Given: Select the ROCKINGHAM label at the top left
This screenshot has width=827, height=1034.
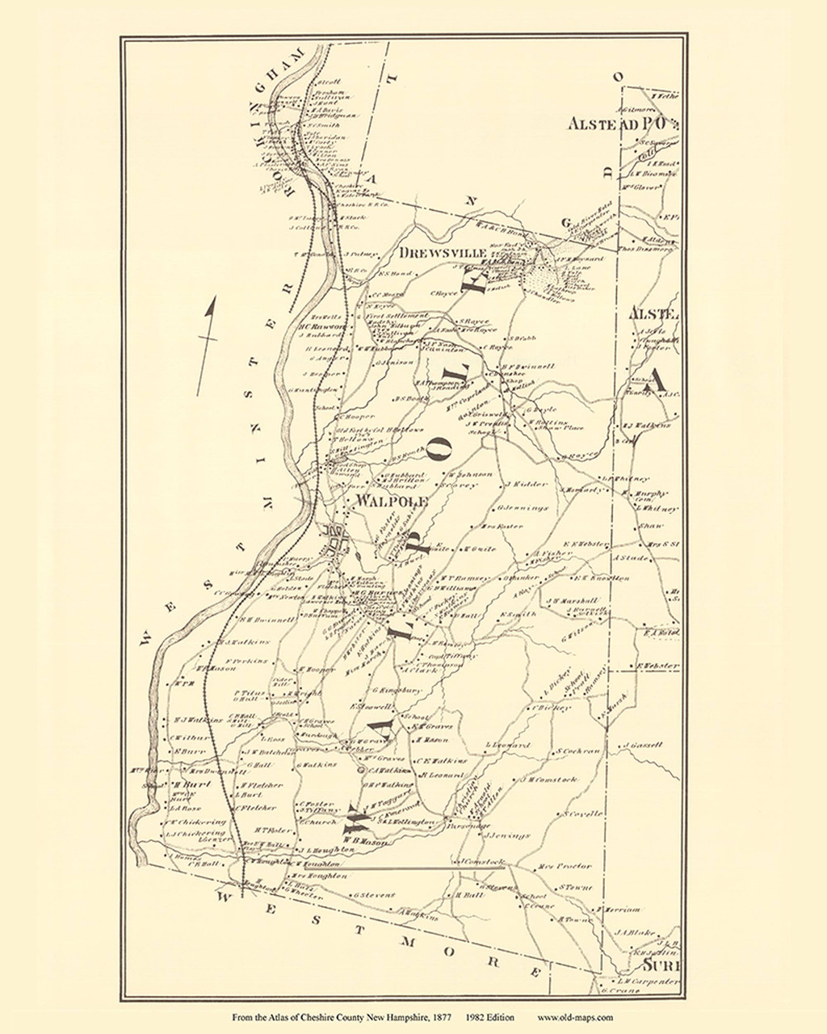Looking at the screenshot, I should [x=288, y=121].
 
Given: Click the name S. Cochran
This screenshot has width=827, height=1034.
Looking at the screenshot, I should [x=578, y=750].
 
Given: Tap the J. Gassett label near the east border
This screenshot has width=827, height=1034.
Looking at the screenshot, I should [x=644, y=745].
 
